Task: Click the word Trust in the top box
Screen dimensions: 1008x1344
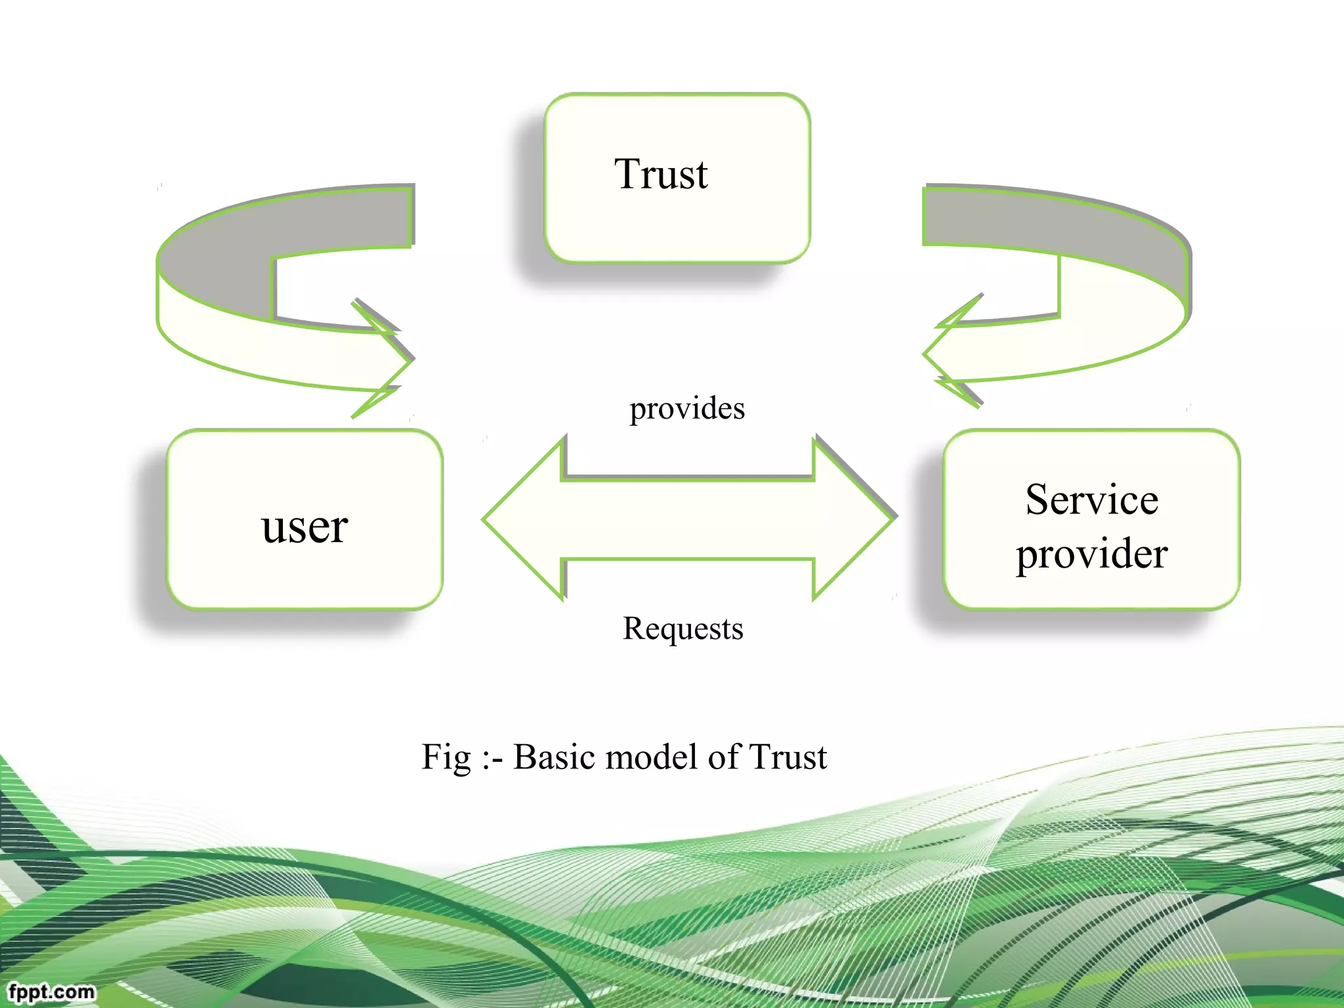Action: pyautogui.click(x=661, y=175)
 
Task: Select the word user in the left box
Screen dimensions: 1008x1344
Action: pyautogui.click(x=304, y=527)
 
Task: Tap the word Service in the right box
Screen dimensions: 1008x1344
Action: pyautogui.click(x=1091, y=500)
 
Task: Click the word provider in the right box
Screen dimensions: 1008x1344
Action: pyautogui.click(x=1091, y=554)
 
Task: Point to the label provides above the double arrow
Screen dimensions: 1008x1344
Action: pyautogui.click(x=687, y=409)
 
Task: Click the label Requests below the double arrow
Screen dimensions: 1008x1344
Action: pyautogui.click(x=682, y=629)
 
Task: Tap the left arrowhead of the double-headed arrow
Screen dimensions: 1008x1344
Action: pyautogui.click(x=518, y=518)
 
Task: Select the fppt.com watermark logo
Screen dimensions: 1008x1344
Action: pyautogui.click(x=51, y=991)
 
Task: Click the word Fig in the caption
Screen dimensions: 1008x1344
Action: pyautogui.click(x=446, y=757)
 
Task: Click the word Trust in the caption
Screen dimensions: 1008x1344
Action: pyautogui.click(x=787, y=757)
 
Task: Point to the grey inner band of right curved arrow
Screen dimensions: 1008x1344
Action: pyautogui.click(x=1050, y=223)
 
